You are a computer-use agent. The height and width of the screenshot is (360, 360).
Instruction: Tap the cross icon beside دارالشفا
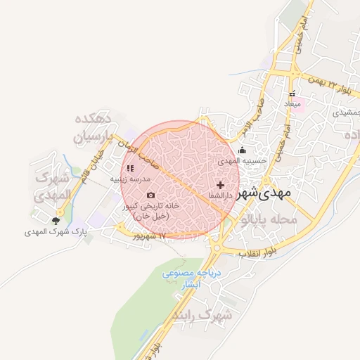(220, 184)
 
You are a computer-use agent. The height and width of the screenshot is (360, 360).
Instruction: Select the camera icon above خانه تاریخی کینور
(150, 195)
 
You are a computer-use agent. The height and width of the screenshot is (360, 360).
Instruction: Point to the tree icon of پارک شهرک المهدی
(56, 220)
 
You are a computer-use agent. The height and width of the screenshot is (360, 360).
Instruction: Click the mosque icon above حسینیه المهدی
(243, 150)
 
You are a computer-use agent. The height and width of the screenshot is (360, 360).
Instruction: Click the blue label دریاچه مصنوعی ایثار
(191, 279)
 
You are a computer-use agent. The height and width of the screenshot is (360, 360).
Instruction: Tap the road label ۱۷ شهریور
(151, 236)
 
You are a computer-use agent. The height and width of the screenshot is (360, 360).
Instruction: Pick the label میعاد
(292, 104)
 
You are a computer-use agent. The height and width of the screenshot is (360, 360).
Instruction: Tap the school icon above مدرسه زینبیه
(130, 168)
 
